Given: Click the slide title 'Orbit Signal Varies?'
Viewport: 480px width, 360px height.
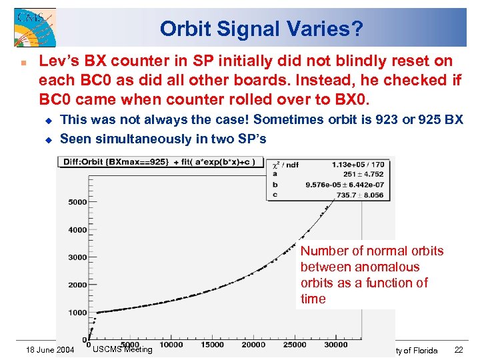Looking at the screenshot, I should click(x=261, y=29).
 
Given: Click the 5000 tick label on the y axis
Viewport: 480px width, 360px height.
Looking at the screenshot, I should click(x=77, y=201).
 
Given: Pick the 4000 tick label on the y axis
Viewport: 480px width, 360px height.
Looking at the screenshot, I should click(x=77, y=229).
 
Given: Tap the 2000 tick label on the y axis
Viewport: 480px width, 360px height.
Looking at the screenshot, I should click(x=77, y=285).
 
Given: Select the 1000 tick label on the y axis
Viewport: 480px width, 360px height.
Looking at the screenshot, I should click(x=77, y=312).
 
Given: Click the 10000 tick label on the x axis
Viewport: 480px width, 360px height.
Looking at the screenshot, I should click(x=171, y=345).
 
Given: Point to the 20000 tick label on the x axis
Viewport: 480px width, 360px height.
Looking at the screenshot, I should click(x=253, y=345).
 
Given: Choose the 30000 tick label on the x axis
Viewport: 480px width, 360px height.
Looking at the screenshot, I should click(x=335, y=345).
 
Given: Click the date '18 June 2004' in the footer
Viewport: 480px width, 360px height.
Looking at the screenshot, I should click(x=49, y=351).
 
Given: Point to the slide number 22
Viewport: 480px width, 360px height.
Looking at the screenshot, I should click(x=459, y=351).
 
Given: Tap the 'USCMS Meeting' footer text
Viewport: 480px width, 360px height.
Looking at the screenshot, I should click(x=122, y=349).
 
